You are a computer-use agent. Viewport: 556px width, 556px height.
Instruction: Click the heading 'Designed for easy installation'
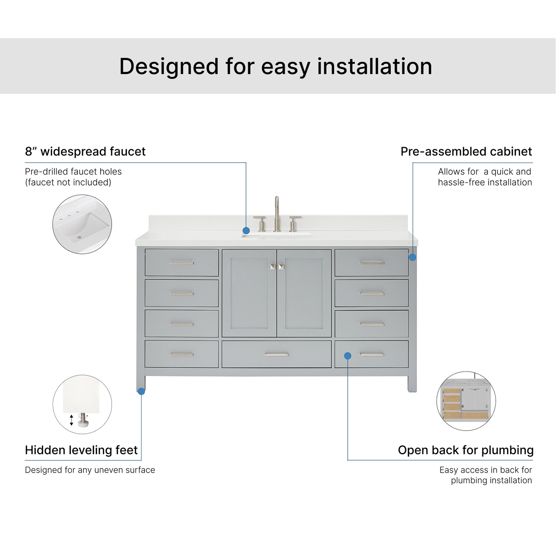tap(275, 66)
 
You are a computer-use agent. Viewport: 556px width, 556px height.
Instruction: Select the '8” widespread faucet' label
tap(85, 152)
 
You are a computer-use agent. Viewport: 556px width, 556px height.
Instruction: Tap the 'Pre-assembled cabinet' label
tap(466, 152)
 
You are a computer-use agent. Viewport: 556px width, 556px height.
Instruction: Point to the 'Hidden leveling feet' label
tap(81, 450)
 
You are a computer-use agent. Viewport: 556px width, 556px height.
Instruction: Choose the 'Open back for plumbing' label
tap(466, 450)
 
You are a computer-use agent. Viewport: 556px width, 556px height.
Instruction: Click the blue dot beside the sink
tap(246, 231)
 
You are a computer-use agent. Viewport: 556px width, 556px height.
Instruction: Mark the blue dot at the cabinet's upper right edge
tap(413, 257)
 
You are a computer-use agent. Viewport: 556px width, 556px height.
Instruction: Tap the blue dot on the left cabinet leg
tap(141, 391)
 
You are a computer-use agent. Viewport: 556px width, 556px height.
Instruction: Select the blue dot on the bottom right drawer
tap(348, 356)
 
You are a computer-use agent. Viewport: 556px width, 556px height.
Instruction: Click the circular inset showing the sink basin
tap(82, 224)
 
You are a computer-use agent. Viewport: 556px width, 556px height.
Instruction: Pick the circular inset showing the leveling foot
tap(82, 404)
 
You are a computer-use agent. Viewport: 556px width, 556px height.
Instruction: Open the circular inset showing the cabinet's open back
tap(466, 401)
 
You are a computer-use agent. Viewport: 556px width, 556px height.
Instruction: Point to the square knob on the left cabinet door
tap(273, 267)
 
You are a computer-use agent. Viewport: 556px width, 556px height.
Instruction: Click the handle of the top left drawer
tap(182, 263)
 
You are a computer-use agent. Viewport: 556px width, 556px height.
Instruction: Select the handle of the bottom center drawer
tap(277, 355)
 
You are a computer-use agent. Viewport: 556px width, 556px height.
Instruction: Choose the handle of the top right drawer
tap(372, 263)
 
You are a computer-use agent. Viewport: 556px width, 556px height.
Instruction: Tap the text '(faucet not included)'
tap(68, 182)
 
